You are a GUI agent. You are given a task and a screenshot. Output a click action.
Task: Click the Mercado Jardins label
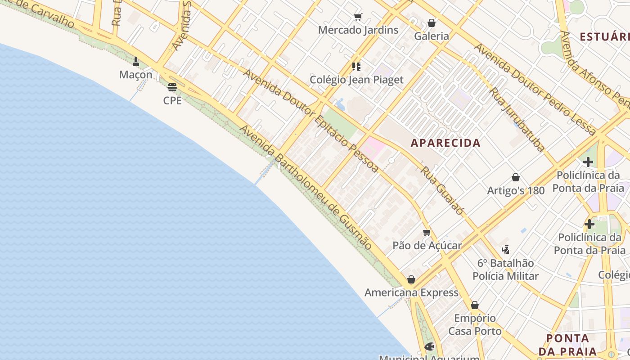point(358,30)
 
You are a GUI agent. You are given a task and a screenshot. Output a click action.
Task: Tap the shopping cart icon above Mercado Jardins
point(358,17)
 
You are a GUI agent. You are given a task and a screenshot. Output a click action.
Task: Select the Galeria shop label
point(432,36)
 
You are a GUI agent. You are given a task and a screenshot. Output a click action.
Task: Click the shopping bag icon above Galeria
point(432,22)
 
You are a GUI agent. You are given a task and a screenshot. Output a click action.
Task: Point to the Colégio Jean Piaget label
point(356,80)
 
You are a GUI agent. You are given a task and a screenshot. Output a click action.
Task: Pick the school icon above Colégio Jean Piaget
point(356,67)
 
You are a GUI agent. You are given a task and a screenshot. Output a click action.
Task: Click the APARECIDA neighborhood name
point(445,143)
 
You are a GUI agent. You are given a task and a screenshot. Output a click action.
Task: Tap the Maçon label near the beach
point(136,74)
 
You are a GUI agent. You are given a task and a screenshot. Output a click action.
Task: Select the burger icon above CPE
point(172,87)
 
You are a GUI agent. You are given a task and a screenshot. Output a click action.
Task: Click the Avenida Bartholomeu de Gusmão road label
point(306,187)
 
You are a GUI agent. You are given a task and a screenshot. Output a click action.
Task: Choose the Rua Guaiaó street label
point(442,190)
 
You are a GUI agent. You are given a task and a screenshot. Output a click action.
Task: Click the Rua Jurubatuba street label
point(517,119)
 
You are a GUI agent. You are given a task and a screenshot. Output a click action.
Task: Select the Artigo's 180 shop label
point(516,190)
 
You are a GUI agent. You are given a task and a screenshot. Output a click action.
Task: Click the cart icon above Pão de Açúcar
point(427,233)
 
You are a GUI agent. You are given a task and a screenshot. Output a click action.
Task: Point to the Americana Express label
point(411,292)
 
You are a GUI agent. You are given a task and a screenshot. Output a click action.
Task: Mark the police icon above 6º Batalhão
point(505,249)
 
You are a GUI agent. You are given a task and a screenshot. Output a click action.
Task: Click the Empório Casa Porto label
point(475,324)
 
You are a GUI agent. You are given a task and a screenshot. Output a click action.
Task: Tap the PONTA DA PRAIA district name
point(567,345)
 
